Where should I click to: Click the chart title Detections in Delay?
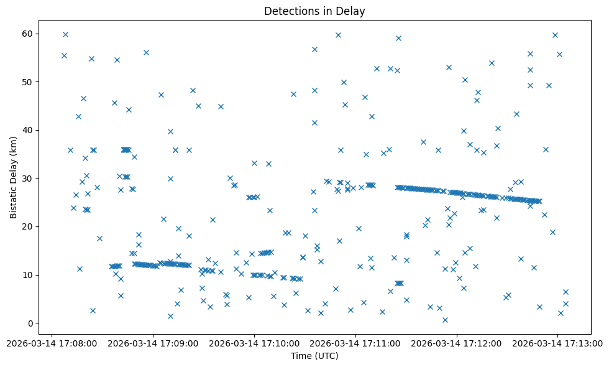point(314,11)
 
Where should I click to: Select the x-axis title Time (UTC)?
point(314,356)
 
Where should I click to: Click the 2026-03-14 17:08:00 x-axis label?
point(52,343)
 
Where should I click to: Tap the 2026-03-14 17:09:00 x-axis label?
point(153,343)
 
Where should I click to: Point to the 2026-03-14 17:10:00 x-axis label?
point(254,343)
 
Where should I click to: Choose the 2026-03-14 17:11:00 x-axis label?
point(355,343)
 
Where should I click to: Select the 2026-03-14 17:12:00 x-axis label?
point(457,343)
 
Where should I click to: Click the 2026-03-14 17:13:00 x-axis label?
point(557,343)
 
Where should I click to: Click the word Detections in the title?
point(290,11)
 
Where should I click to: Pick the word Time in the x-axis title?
point(301,356)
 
